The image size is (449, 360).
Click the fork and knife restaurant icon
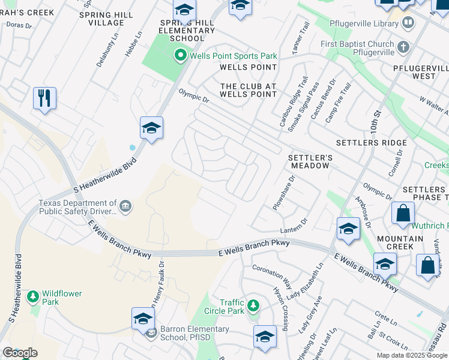click(x=44, y=98)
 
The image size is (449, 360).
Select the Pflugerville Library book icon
click(x=408, y=23)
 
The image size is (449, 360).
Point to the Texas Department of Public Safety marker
click(x=125, y=207)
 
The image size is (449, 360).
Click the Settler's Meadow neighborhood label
click(x=309, y=161)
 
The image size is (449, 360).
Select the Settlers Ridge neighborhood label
click(x=371, y=143)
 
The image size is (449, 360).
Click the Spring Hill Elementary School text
click(x=187, y=31)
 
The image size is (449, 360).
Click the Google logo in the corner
click(x=20, y=353)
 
